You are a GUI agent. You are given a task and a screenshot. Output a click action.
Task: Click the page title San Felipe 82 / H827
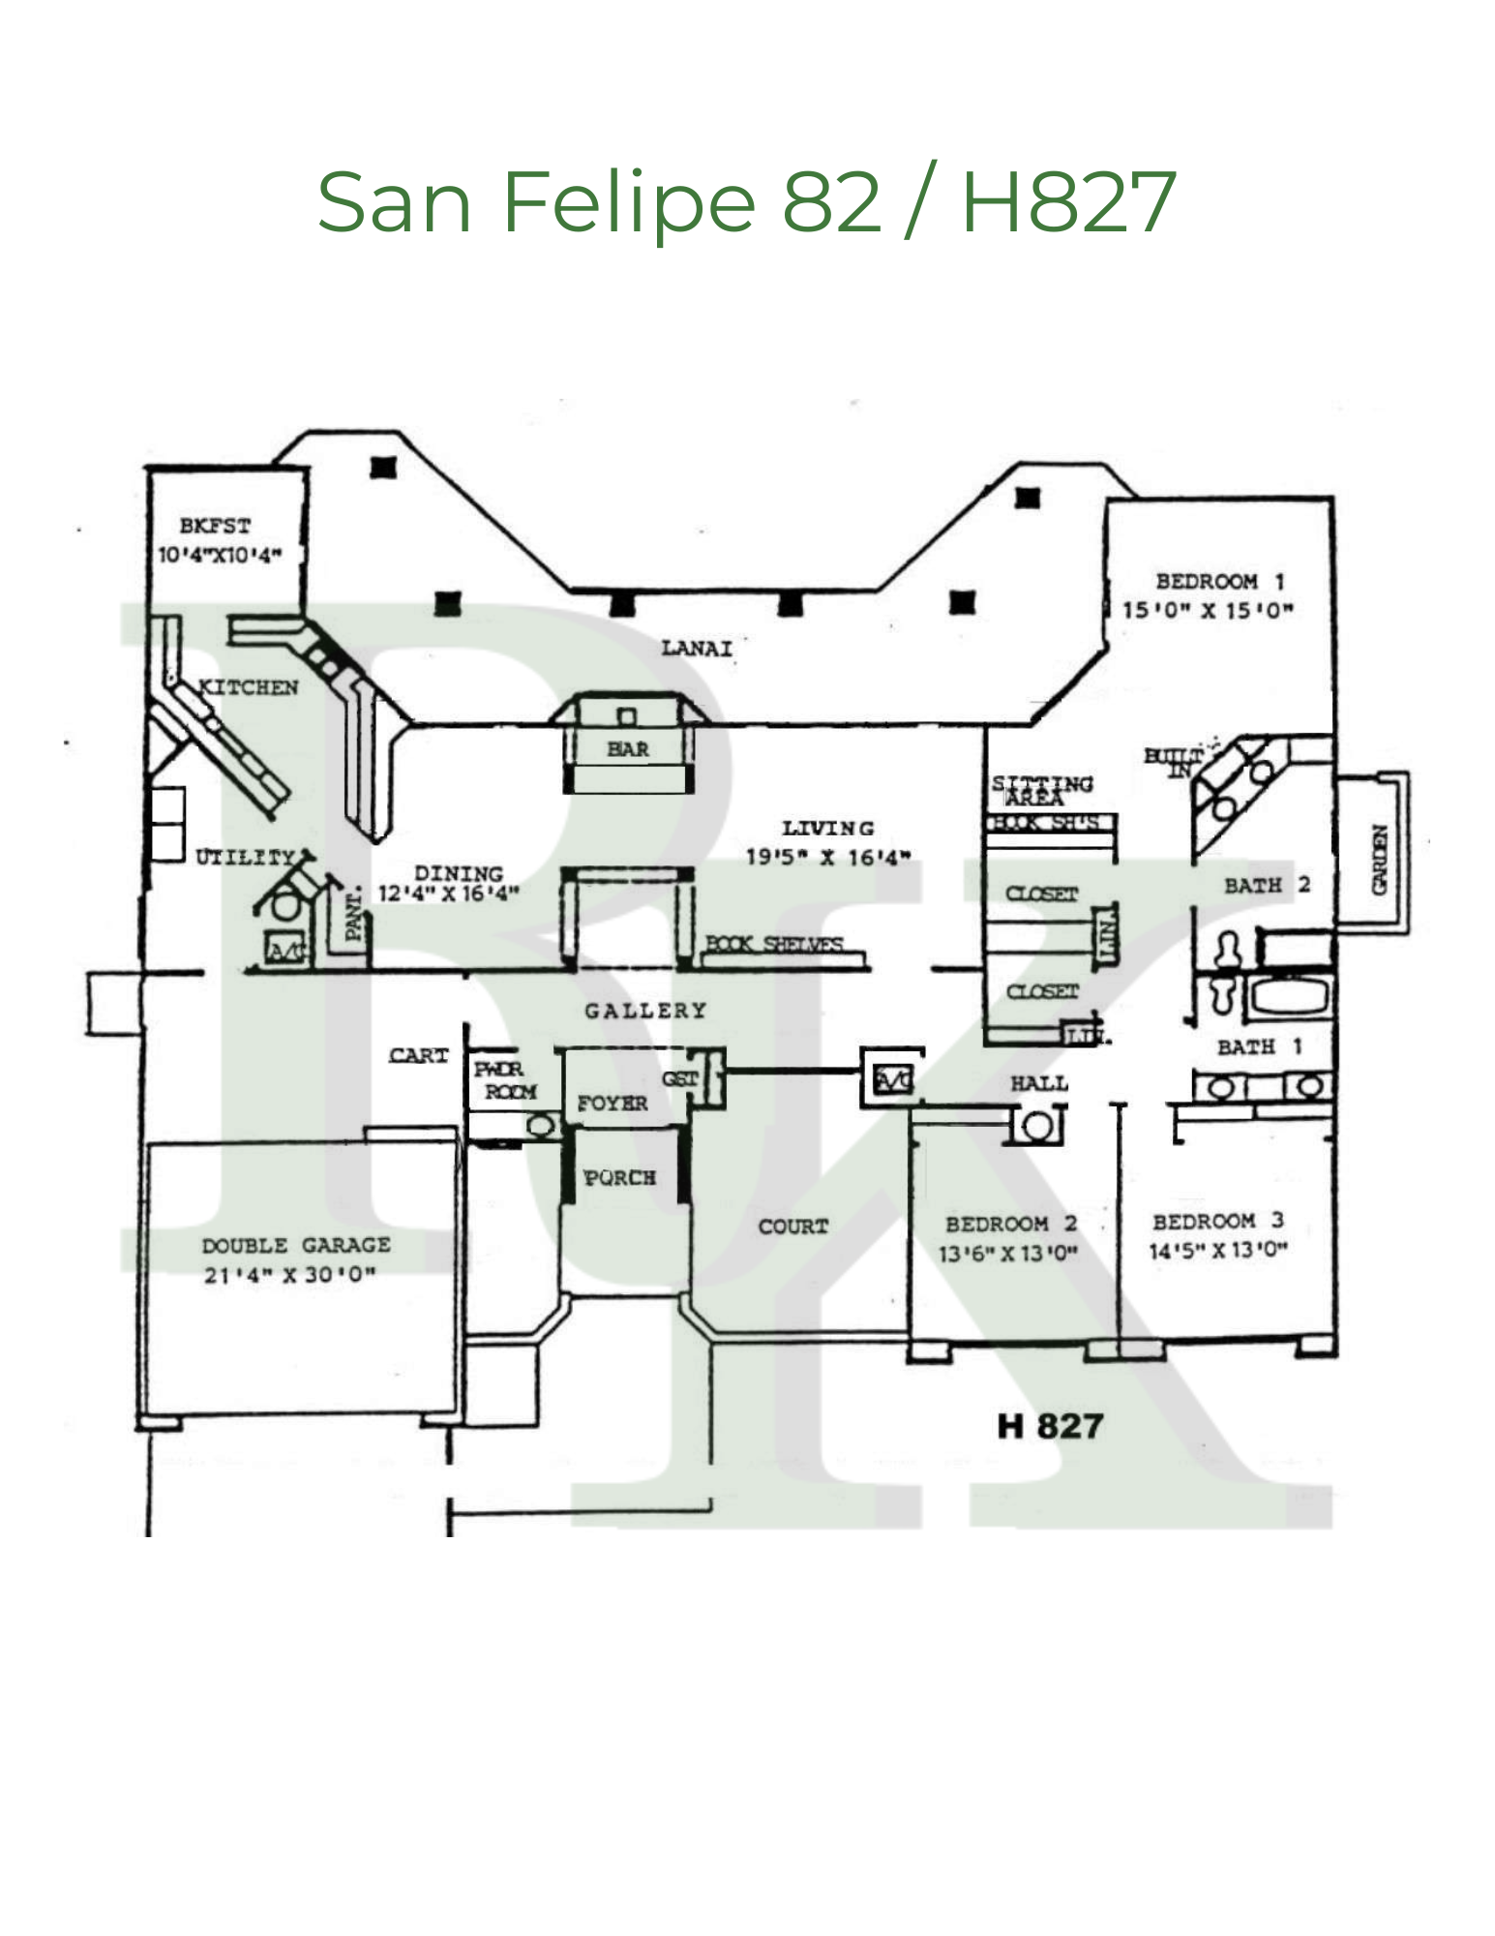[746, 202]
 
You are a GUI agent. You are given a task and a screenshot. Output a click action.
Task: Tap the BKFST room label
[215, 527]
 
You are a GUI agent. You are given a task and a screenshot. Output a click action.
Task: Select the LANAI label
[697, 649]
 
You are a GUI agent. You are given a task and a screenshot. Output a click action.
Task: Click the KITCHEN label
[249, 688]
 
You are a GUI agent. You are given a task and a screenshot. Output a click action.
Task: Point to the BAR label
[628, 749]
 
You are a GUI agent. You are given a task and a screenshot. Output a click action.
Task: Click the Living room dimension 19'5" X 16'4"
[827, 858]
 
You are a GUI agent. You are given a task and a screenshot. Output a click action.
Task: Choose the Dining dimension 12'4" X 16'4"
[448, 893]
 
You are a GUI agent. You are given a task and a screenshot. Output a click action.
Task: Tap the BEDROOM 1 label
[1219, 582]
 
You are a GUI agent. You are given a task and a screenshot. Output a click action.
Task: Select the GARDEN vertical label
[1380, 860]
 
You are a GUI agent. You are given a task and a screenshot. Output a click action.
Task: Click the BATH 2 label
[1266, 885]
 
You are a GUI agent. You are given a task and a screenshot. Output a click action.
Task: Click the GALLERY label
[645, 1011]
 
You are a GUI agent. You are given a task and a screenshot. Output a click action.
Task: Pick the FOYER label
[613, 1104]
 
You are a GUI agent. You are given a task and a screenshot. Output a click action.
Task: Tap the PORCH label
[619, 1178]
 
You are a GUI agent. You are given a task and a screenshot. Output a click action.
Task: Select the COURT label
[793, 1226]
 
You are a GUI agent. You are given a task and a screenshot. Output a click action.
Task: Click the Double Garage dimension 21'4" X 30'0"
[289, 1275]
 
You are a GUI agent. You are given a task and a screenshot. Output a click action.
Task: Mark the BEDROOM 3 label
[1217, 1222]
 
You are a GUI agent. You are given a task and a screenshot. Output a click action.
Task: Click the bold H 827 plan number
[1050, 1426]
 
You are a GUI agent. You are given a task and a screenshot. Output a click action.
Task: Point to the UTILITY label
[245, 858]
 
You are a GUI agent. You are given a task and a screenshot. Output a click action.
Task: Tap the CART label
[419, 1056]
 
